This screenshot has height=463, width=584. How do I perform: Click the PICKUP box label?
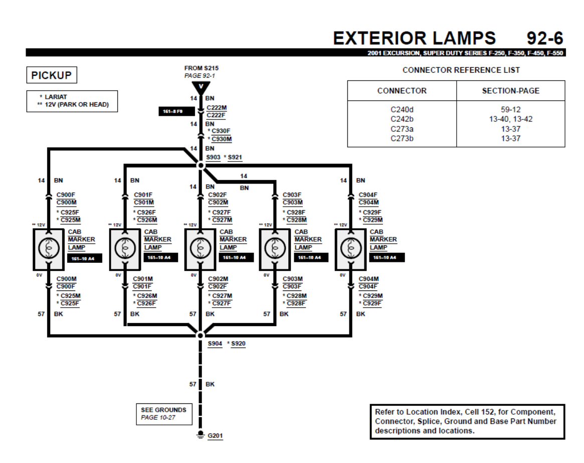(x=52, y=75)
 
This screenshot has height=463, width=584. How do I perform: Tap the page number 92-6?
(x=544, y=38)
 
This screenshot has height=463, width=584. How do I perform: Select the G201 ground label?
(x=216, y=435)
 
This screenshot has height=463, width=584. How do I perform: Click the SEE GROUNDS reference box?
(x=163, y=413)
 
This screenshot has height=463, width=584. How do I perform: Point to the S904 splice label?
(x=215, y=344)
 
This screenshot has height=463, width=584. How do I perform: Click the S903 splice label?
(x=213, y=158)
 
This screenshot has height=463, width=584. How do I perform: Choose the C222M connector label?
(x=217, y=107)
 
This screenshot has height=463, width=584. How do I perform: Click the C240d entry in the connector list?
(x=402, y=109)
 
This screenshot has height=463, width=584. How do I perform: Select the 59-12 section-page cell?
(x=510, y=109)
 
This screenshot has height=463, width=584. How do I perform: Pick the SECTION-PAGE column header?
(x=510, y=91)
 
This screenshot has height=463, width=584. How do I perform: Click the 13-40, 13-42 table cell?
(x=510, y=119)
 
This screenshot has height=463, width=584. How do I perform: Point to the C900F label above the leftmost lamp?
(x=66, y=195)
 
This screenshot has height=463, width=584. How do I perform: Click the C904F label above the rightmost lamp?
(x=368, y=195)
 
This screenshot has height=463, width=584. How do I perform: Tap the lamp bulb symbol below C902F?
(x=200, y=247)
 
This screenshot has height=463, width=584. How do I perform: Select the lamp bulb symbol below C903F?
(x=274, y=247)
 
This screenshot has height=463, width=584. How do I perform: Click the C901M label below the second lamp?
(x=143, y=279)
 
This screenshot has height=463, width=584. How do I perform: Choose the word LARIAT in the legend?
(x=56, y=97)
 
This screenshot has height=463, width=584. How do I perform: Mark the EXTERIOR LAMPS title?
(x=414, y=38)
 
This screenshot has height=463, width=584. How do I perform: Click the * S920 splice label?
(x=237, y=344)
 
